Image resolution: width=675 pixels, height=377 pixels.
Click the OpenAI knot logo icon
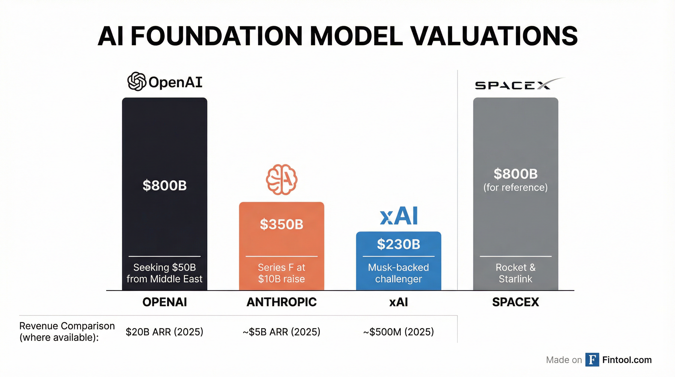coord(137,81)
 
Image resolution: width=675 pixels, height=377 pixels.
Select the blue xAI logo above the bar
coord(399,216)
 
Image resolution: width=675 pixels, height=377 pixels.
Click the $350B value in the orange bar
coord(281,224)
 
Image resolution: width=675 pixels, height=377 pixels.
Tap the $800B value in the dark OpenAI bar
coord(165,185)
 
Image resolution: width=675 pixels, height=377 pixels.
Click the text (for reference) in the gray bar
coord(515,188)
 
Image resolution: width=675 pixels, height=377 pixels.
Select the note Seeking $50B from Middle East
coord(165,273)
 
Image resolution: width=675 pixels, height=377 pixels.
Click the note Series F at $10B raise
coord(281,273)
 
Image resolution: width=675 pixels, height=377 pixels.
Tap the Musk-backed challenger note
coord(399,273)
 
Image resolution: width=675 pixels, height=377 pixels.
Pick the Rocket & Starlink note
coord(515,273)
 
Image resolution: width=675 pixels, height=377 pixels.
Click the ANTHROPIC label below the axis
coord(281,302)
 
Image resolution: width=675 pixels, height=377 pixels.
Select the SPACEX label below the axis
coord(515,302)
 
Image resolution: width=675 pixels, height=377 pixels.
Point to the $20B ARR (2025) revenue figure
coord(165,332)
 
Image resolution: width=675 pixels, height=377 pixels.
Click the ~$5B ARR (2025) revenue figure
coord(281,332)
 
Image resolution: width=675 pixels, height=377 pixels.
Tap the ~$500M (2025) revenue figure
coord(399,332)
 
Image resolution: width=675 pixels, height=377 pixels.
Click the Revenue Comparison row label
coord(67,332)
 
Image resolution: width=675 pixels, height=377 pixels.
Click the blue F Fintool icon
coord(592,360)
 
